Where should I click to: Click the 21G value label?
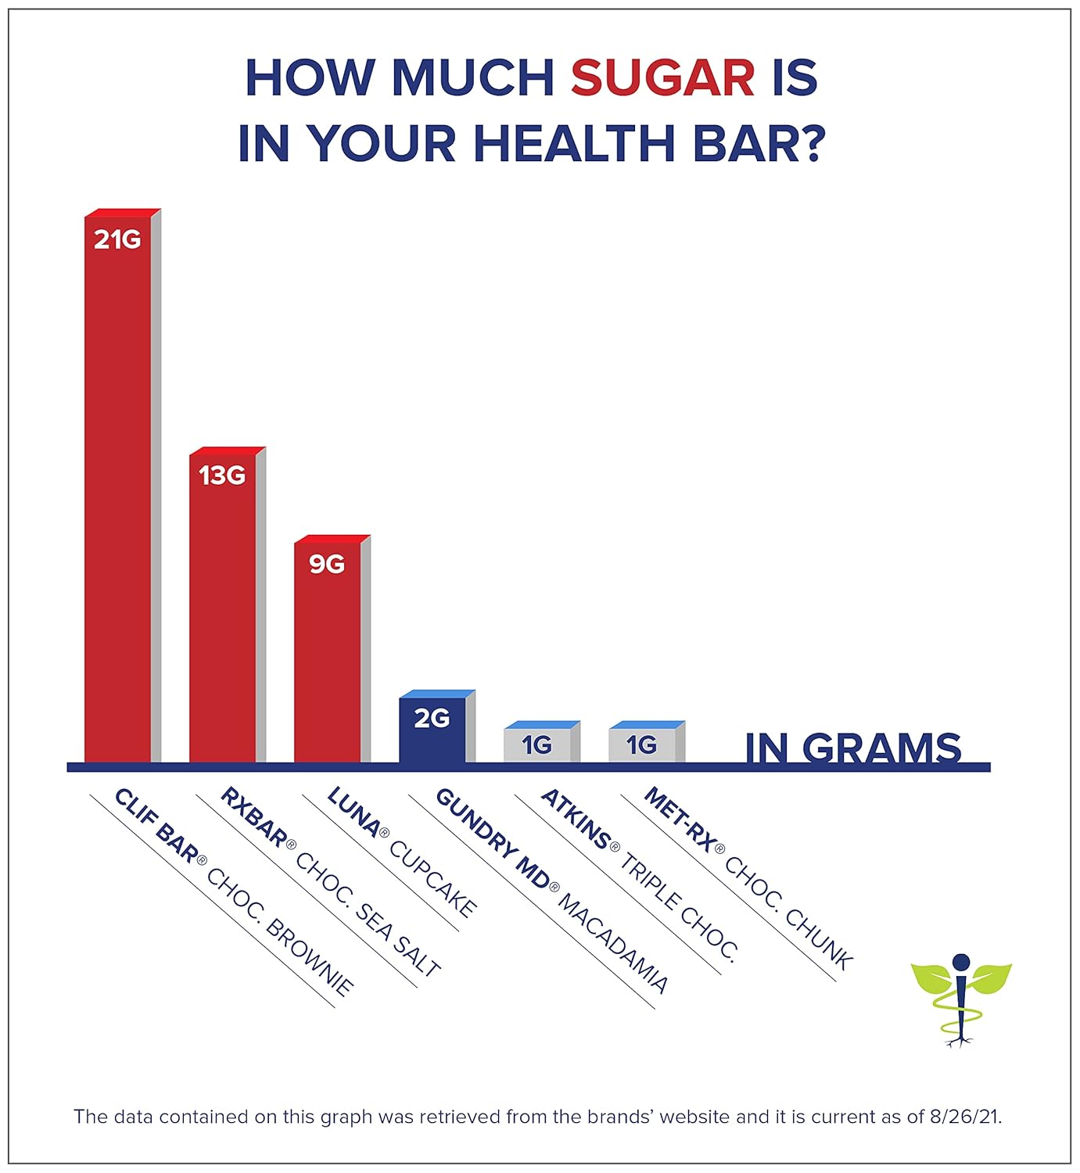point(117,239)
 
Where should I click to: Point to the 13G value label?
point(222,475)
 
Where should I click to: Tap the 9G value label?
point(327,564)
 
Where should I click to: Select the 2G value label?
point(432,718)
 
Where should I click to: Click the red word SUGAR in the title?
point(662,77)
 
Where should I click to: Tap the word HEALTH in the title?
point(574,143)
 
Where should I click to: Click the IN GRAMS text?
point(852,748)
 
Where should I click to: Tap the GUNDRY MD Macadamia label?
point(551,891)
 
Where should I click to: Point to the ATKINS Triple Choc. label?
point(639,874)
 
